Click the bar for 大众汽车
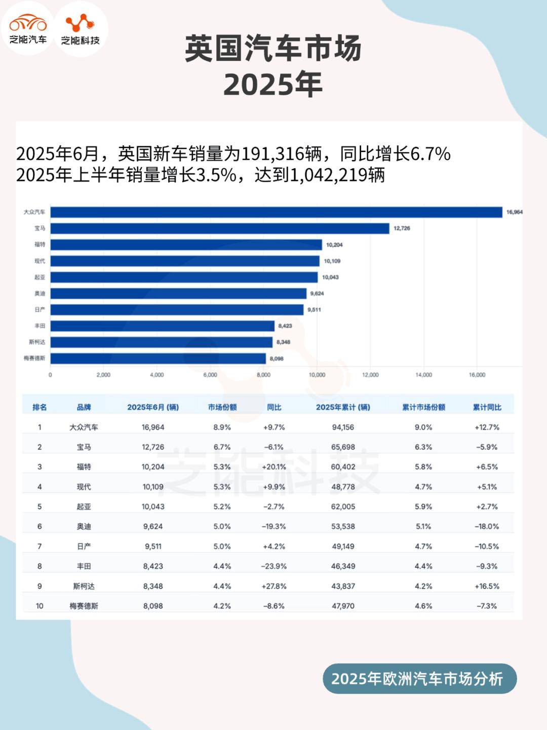(276, 212)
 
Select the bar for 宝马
(219, 228)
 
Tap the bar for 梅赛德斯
(158, 358)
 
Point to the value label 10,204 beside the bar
(334, 245)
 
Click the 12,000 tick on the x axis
(370, 375)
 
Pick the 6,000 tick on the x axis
(210, 375)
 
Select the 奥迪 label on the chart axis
(40, 294)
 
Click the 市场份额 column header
(222, 407)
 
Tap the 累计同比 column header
(487, 407)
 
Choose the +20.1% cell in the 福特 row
(274, 467)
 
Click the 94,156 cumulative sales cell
(343, 427)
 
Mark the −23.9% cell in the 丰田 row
(274, 566)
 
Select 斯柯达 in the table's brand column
(84, 586)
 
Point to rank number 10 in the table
(40, 606)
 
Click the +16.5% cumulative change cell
(487, 586)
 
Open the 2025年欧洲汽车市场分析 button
(419, 679)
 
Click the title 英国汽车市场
(273, 49)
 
